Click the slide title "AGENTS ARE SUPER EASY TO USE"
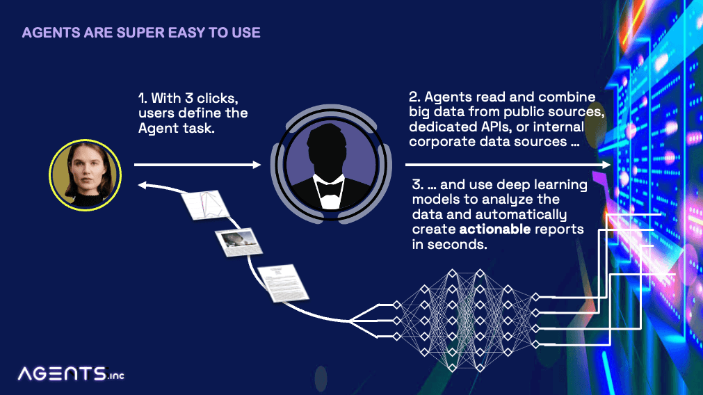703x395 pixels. point(141,33)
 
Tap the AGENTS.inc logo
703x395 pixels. point(71,374)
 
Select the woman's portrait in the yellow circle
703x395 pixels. point(86,175)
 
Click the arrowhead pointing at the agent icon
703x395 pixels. point(257,165)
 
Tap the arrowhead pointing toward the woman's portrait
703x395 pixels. point(142,185)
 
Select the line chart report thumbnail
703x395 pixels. point(205,205)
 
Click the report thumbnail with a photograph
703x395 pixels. point(239,242)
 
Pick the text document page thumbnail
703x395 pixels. point(283,283)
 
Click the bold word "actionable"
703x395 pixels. point(495,229)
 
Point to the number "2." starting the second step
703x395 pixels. point(414,97)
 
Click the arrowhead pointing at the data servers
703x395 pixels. point(606,165)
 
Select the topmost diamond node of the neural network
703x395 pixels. point(452,273)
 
